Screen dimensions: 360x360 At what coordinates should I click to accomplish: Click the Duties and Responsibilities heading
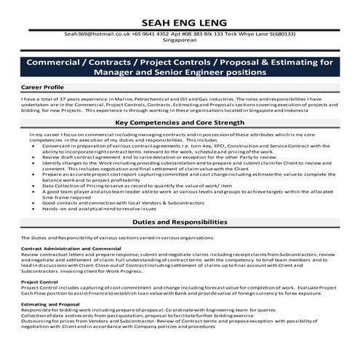pos(180,221)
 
